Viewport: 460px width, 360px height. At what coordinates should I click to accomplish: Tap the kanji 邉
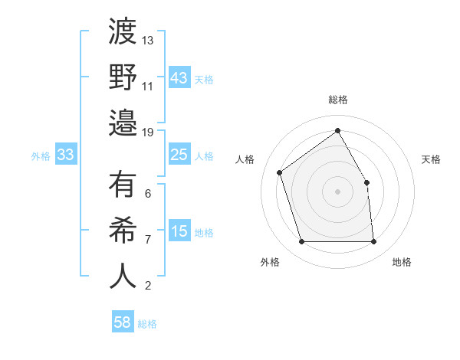pyautogui.click(x=123, y=122)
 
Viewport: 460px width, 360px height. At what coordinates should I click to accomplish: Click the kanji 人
pyautogui.click(x=123, y=276)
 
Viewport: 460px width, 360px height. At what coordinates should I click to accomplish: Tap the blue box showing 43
pyautogui.click(x=179, y=78)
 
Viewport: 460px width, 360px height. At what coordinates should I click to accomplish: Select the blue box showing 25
pyautogui.click(x=179, y=155)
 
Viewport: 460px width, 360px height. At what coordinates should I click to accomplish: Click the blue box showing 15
pyautogui.click(x=179, y=231)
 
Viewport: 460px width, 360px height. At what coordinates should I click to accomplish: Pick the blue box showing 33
pyautogui.click(x=65, y=155)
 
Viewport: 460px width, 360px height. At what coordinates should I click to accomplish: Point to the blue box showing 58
pyautogui.click(x=122, y=323)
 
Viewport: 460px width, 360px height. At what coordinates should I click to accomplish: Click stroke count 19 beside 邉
pyautogui.click(x=148, y=132)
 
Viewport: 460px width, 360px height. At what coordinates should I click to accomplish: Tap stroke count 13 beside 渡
pyautogui.click(x=148, y=40)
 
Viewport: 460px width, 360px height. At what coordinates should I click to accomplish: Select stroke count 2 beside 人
pyautogui.click(x=148, y=286)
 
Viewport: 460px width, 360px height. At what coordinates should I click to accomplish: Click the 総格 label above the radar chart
pyautogui.click(x=337, y=100)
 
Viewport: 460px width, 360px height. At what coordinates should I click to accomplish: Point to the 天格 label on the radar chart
pyautogui.click(x=431, y=159)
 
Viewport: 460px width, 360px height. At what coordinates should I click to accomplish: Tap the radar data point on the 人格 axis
pyautogui.click(x=280, y=172)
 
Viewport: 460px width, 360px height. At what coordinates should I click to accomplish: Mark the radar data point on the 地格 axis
pyautogui.click(x=373, y=242)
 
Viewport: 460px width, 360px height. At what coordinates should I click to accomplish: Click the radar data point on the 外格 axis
pyautogui.click(x=301, y=242)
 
